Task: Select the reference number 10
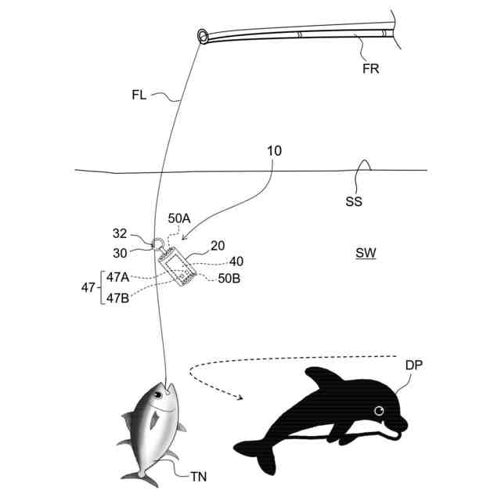pyautogui.click(x=274, y=150)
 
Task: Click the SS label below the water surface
pyautogui.click(x=354, y=201)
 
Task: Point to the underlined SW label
pyautogui.click(x=365, y=254)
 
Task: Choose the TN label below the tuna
pyautogui.click(x=199, y=474)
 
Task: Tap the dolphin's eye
pyautogui.click(x=380, y=411)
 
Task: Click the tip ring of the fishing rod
pyautogui.click(x=203, y=36)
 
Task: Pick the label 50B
pyautogui.click(x=228, y=278)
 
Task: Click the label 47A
pyautogui.click(x=118, y=276)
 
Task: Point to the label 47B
pyautogui.click(x=118, y=297)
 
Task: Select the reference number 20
pyautogui.click(x=218, y=246)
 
